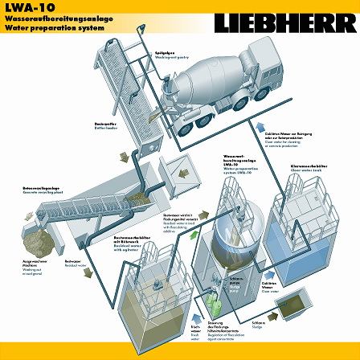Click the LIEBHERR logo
pyautogui.click(x=284, y=21)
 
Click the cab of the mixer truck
pyautogui.click(x=266, y=60)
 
